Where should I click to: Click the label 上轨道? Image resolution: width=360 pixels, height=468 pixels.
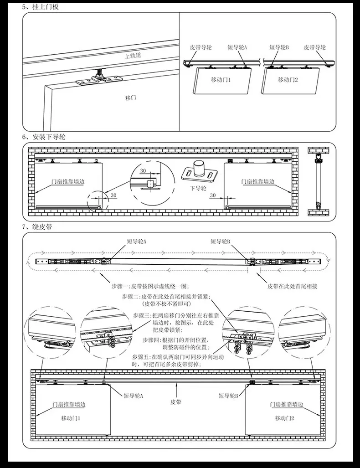(x=133, y=56)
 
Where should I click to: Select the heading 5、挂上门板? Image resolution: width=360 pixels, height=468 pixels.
(x=40, y=6)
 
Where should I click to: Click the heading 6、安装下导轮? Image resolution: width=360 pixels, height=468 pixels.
(x=44, y=137)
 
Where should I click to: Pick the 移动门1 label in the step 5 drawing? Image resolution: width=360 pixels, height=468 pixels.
(x=221, y=80)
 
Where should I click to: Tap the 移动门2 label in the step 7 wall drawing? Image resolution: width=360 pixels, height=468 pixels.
(x=284, y=418)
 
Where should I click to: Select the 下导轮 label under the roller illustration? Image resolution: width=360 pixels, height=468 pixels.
(x=198, y=188)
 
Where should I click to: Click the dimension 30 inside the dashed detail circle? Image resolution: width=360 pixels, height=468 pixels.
(x=143, y=171)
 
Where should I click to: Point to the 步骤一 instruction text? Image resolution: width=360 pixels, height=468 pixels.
(x=150, y=286)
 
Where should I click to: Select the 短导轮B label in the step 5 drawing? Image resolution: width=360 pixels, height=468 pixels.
(x=279, y=47)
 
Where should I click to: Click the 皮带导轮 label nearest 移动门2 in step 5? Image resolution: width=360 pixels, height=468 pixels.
(x=314, y=47)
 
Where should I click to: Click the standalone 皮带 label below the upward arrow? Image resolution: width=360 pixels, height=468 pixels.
(x=176, y=402)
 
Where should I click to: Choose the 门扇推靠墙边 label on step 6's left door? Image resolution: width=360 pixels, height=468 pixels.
(x=68, y=181)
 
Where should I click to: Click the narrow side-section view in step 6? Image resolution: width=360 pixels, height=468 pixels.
(x=318, y=181)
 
